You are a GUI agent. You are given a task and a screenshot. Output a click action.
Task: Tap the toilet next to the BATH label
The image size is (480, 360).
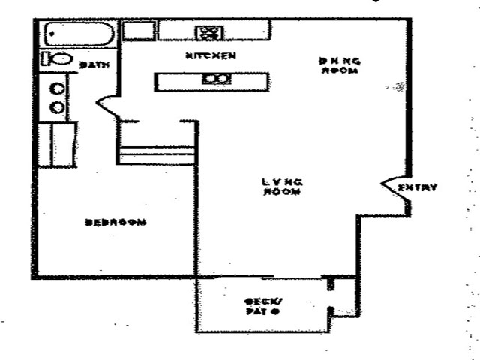click(57, 58)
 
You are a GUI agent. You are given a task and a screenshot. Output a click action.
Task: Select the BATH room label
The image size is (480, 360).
click(95, 65)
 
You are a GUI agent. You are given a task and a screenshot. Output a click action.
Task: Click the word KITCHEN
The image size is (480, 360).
click(211, 55)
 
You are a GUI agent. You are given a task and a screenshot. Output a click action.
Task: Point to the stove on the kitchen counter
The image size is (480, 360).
click(209, 32)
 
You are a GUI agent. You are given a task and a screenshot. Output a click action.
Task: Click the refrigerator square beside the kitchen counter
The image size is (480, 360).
click(139, 31)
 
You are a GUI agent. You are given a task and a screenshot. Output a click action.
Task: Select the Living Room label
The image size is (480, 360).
click(282, 187)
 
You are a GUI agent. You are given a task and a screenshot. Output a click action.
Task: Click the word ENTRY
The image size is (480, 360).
click(417, 187)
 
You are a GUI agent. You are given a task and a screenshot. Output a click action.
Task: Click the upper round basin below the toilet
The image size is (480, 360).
click(55, 88)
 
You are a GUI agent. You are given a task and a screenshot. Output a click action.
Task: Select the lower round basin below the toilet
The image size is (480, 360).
click(55, 107)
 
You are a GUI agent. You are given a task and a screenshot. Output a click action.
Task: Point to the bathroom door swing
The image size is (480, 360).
click(107, 106)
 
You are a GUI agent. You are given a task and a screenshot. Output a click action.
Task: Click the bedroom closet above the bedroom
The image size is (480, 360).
click(157, 154)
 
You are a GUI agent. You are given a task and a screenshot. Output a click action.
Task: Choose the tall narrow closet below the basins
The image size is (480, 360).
click(63, 145)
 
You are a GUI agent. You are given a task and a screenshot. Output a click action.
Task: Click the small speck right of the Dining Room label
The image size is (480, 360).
click(398, 88)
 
